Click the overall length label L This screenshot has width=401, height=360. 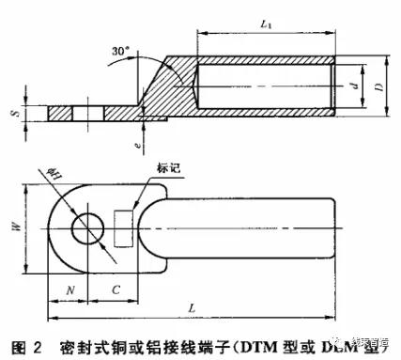click(x=193, y=306)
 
